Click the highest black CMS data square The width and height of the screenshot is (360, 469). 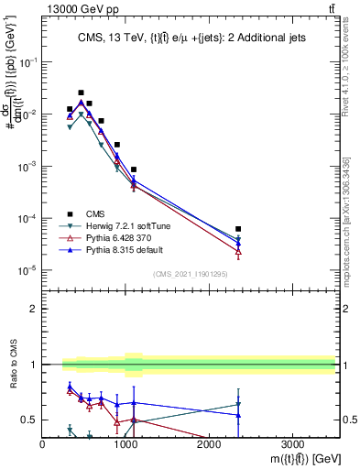pos(81,93)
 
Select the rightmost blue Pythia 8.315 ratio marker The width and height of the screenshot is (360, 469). pos(238,415)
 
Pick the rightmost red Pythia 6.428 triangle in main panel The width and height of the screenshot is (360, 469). pos(238,251)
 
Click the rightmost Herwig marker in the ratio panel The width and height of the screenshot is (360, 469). pos(238,404)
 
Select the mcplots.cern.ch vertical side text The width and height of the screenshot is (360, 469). pos(346,220)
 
